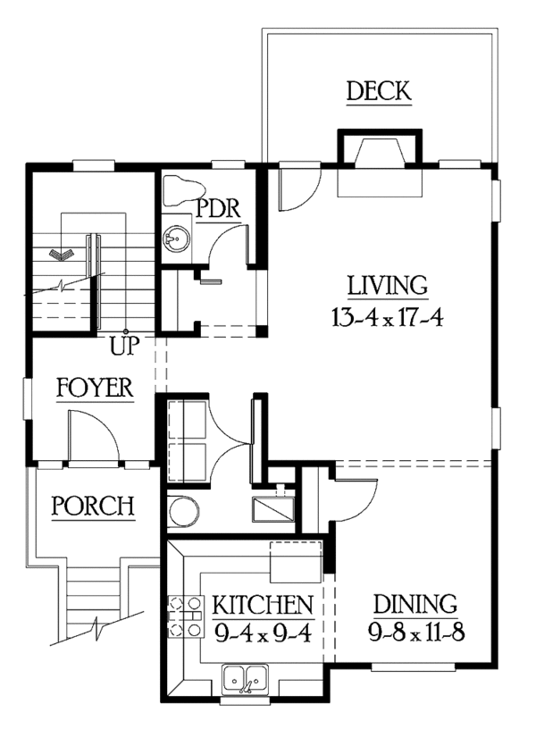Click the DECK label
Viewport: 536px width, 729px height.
[x=379, y=91]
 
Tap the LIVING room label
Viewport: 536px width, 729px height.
[x=388, y=286]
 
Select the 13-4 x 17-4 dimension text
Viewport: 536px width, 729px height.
[x=388, y=318]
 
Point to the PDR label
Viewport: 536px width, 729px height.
[x=218, y=208]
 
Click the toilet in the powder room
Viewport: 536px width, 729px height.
[x=184, y=190]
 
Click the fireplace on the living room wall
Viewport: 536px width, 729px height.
[x=380, y=163]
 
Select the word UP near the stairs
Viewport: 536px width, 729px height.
[x=124, y=346]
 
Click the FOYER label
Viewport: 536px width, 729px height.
[x=95, y=388]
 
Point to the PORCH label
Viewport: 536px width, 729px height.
[x=93, y=506]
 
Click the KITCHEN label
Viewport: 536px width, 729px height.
[x=263, y=605]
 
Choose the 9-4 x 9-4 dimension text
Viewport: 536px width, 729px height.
[x=263, y=633]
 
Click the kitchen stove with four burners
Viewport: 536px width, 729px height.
[x=186, y=616]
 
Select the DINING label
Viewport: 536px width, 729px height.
[x=415, y=604]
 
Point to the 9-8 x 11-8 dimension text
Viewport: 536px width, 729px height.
[x=416, y=633]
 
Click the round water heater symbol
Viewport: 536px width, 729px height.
[x=184, y=511]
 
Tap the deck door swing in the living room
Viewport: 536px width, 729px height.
[x=298, y=186]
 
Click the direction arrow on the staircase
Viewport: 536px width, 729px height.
[x=62, y=255]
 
